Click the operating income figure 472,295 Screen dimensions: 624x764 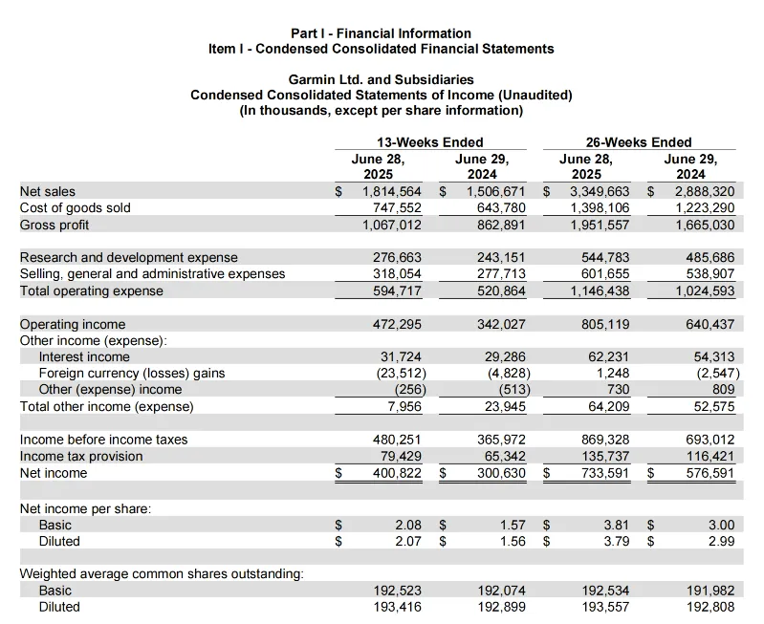coord(396,324)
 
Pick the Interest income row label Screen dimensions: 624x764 coord(84,356)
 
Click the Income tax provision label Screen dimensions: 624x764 coord(81,456)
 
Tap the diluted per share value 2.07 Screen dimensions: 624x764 coord(409,541)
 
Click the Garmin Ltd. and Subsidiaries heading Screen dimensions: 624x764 coord(382,80)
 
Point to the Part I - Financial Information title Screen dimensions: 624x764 coord(381,33)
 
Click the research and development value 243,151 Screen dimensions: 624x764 coord(501,257)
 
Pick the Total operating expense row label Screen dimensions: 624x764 coord(92,290)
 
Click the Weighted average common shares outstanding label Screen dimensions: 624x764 coord(162,574)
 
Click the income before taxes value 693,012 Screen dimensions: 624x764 coord(709,440)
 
